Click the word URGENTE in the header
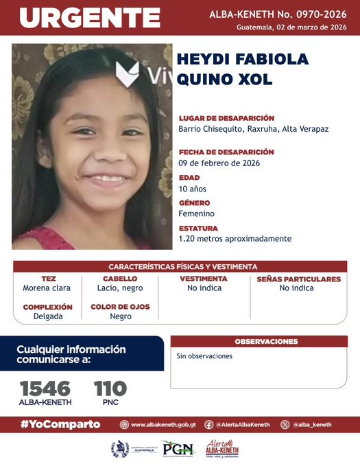[x=90, y=18]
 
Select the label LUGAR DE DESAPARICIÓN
[x=226, y=118]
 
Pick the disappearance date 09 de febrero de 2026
[x=219, y=163]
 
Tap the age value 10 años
[x=192, y=189]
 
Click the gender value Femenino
[x=196, y=213]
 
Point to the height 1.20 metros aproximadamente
[x=235, y=239]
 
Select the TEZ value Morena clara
[x=48, y=288]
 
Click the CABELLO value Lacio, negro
[x=120, y=288]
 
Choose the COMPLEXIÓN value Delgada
[x=48, y=316]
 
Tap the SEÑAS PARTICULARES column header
[x=298, y=279]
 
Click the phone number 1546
[x=45, y=388]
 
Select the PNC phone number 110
[x=110, y=388]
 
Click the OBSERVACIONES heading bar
[x=266, y=342]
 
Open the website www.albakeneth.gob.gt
[x=163, y=425]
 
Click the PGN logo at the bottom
[x=178, y=449]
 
